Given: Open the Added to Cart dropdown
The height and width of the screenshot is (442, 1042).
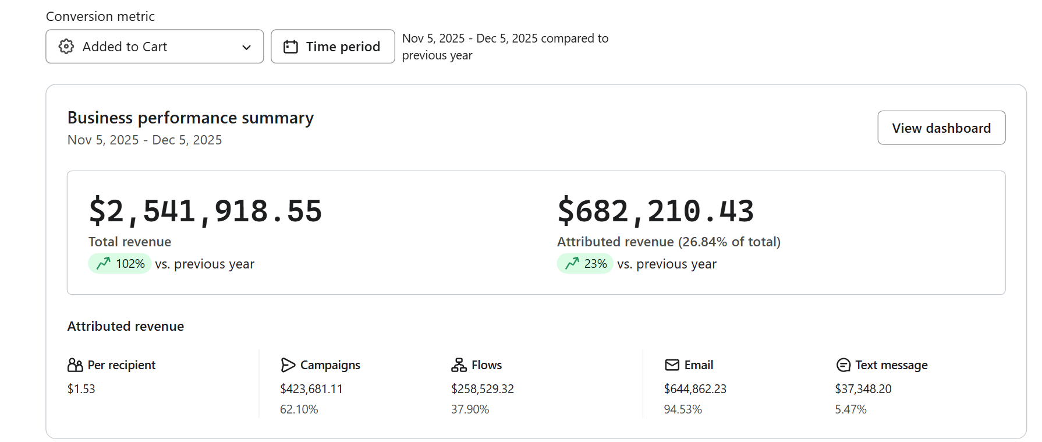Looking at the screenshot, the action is pos(154,47).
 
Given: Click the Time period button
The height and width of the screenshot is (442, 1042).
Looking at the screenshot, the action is pos(333,47).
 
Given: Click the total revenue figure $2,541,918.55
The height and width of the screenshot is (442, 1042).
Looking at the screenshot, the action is pos(205,211).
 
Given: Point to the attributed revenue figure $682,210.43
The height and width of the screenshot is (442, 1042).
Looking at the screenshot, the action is pos(655,211).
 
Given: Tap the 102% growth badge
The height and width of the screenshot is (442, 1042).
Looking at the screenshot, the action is pos(120,264).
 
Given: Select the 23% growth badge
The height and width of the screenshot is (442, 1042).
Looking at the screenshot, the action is pos(585,264).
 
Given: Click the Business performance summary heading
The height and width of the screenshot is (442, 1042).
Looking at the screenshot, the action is pos(190,118).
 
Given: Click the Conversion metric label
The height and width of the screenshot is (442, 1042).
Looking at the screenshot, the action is pos(100,16).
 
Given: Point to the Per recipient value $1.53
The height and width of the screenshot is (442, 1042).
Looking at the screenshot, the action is pos(81,389).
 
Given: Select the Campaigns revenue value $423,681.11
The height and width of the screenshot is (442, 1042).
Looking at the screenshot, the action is pos(311,389).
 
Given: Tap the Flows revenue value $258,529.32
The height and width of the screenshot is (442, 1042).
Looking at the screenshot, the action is pos(483,389).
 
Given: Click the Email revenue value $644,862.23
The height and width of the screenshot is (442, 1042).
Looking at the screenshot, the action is pos(695,389).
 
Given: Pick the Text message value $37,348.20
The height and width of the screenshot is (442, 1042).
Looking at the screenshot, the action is pos(863,389).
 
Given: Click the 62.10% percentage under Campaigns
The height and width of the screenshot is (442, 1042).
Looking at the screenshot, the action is pos(299,409).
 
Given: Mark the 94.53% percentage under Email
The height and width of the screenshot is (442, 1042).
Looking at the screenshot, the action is pos(683,409).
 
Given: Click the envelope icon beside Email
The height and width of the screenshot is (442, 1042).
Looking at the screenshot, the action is pos(672,365).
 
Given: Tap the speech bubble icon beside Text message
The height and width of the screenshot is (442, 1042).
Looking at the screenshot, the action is pos(843,365).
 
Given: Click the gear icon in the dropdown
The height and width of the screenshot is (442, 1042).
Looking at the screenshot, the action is pos(66,47).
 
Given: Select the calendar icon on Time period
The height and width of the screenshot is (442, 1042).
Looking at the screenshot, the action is pos(290,47).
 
